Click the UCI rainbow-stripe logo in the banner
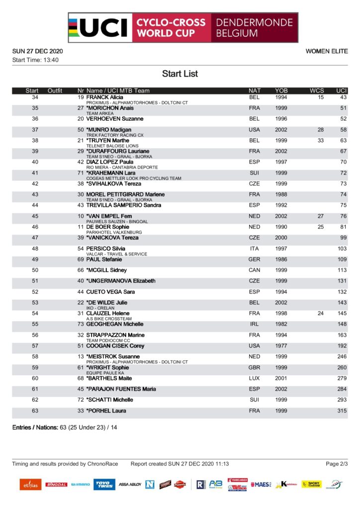pos(99,28)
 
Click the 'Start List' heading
pos(180,74)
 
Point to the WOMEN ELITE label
pos(326,51)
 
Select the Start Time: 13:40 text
pos(35,60)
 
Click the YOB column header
pos(281,90)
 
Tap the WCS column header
pos(316,90)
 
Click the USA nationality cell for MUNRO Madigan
pos(254,130)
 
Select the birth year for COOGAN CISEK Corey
pos(281,346)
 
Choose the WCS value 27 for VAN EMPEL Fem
pos(320,216)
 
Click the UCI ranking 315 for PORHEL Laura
pos(341,411)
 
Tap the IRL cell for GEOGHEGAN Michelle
pos(254,324)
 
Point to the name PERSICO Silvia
pos(105,249)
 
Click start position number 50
pos(35,270)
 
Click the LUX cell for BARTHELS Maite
pos(254,378)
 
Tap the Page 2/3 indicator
pos(337,464)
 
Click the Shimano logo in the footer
pos(80,484)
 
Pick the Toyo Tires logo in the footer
pos(104,484)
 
